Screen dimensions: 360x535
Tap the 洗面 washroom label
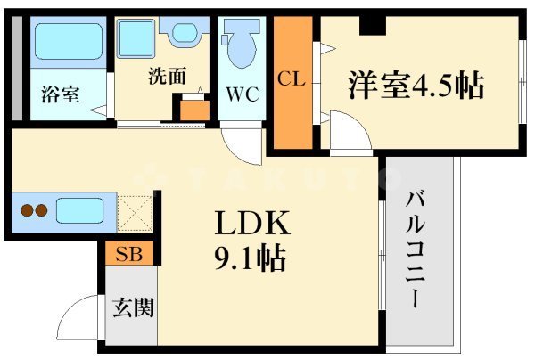(x=167, y=77)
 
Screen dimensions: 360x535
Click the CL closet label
(x=291, y=78)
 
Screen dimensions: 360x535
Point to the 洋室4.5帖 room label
(x=416, y=86)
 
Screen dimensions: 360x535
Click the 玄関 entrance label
(x=132, y=308)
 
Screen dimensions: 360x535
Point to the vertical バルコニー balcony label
(x=416, y=249)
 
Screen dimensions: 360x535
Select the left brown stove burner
(x=27, y=213)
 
